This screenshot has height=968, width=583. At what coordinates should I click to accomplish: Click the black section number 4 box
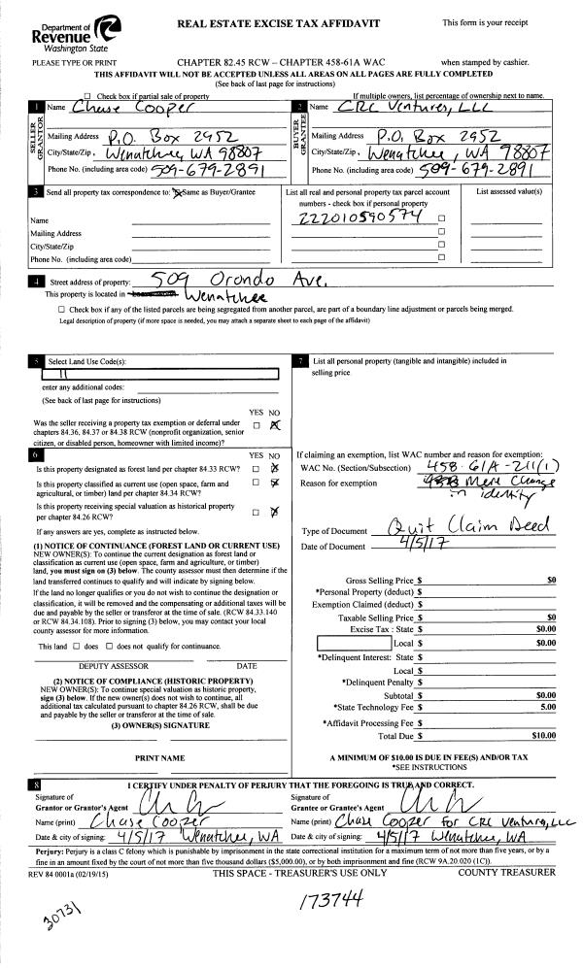click(x=36, y=283)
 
